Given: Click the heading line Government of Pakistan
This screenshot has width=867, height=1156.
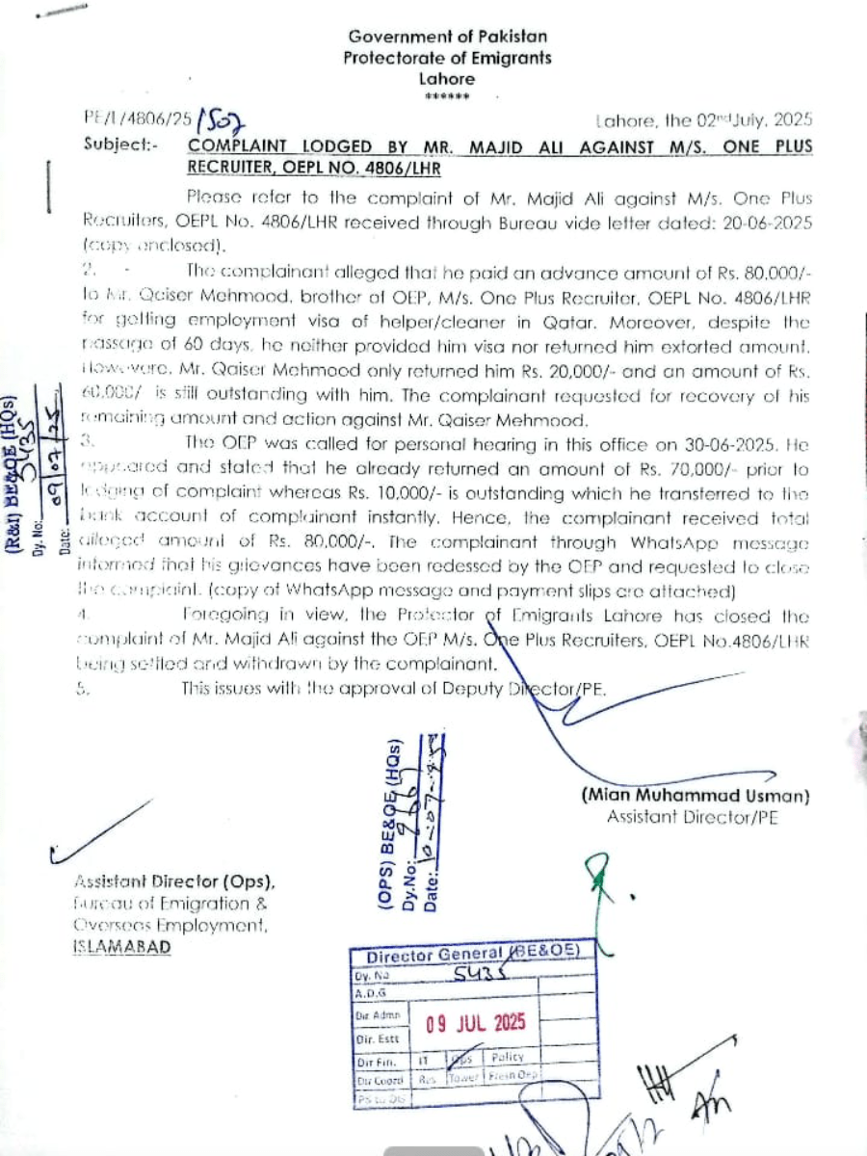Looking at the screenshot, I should [448, 37].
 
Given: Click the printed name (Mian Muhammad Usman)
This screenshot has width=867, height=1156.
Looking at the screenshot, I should [695, 797].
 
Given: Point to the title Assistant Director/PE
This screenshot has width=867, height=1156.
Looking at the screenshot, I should [693, 818].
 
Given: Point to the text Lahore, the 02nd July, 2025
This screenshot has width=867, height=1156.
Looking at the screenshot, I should [704, 121].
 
